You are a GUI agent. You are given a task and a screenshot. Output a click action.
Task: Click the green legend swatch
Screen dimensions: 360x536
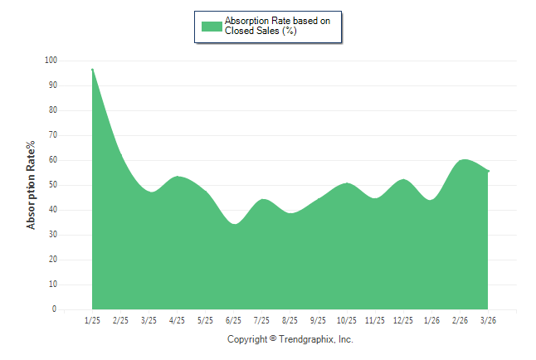click(x=212, y=26)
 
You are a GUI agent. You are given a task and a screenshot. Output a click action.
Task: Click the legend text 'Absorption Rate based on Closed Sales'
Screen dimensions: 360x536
click(x=277, y=26)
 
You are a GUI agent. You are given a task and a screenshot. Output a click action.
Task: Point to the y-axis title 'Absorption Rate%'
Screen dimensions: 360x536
click(x=31, y=185)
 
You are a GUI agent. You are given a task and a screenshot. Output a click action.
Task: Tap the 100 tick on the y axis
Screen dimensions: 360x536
click(x=51, y=61)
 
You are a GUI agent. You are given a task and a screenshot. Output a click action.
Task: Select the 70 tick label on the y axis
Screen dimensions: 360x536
click(x=52, y=135)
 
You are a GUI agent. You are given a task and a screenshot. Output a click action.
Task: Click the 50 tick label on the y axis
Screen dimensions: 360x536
click(x=52, y=185)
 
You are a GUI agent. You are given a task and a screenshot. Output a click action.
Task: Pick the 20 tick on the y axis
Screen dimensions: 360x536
click(x=52, y=260)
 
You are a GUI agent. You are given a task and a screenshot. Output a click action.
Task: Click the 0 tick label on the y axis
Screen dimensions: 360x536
click(x=55, y=309)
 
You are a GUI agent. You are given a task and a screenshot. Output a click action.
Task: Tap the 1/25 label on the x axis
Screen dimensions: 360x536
click(x=92, y=320)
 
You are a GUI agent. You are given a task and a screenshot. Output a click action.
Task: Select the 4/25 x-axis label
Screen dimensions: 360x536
click(x=177, y=320)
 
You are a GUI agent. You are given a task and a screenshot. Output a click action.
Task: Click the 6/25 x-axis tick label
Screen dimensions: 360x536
click(x=233, y=320)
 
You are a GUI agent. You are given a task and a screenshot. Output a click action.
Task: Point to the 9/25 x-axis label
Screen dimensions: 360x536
click(x=318, y=320)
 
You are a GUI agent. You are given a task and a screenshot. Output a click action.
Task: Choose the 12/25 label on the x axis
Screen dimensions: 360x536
click(x=402, y=320)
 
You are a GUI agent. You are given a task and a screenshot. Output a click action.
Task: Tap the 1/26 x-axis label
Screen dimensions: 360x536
click(x=431, y=320)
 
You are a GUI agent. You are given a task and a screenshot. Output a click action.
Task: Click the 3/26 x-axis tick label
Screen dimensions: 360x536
click(x=488, y=320)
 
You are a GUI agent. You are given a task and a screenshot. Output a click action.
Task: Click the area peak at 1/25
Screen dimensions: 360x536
click(x=92, y=70)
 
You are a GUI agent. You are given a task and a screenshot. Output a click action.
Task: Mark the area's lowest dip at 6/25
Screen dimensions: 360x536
click(x=235, y=224)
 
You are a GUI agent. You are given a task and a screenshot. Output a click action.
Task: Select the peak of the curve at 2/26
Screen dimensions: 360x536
click(x=464, y=160)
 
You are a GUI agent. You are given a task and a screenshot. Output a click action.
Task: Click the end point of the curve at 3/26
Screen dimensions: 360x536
click(x=488, y=171)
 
